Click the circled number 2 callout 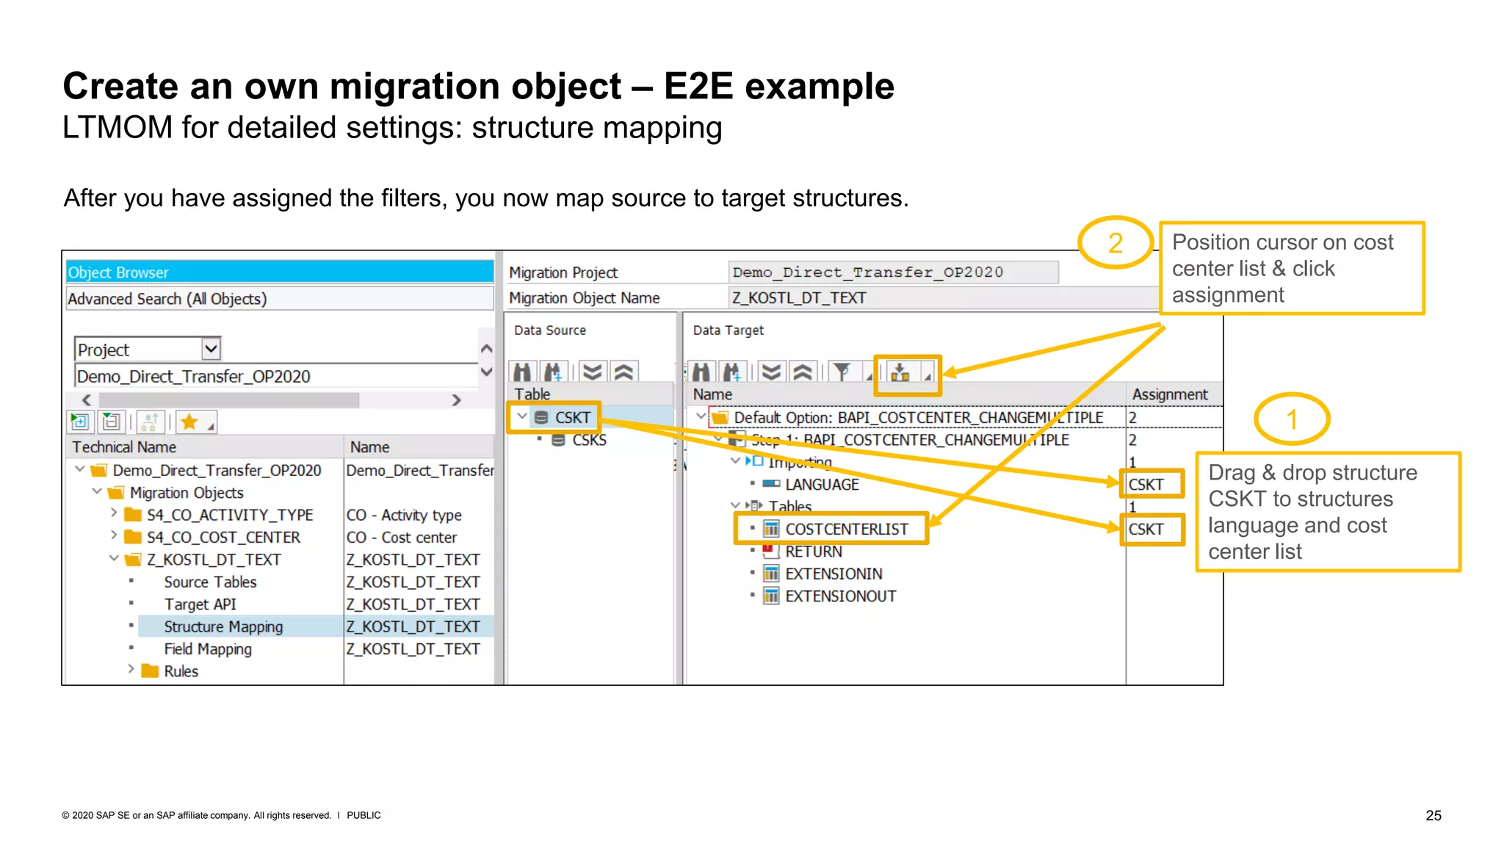tap(1115, 243)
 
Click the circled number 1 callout tap(1292, 419)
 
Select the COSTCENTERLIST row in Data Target tap(846, 529)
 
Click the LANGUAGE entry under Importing tap(821, 485)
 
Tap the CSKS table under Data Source tap(588, 441)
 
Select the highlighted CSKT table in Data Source tap(571, 418)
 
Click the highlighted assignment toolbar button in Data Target tap(900, 373)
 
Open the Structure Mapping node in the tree tap(223, 627)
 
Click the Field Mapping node tap(207, 649)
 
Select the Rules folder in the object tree tap(181, 671)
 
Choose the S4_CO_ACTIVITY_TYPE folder tap(229, 516)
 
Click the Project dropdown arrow tap(211, 349)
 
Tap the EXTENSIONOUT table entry tap(840, 596)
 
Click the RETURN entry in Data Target tap(813, 552)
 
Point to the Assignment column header tap(1169, 394)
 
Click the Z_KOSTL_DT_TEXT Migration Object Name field tap(940, 298)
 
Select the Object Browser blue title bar tap(279, 272)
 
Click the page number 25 tap(1433, 815)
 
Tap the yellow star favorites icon tap(189, 422)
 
